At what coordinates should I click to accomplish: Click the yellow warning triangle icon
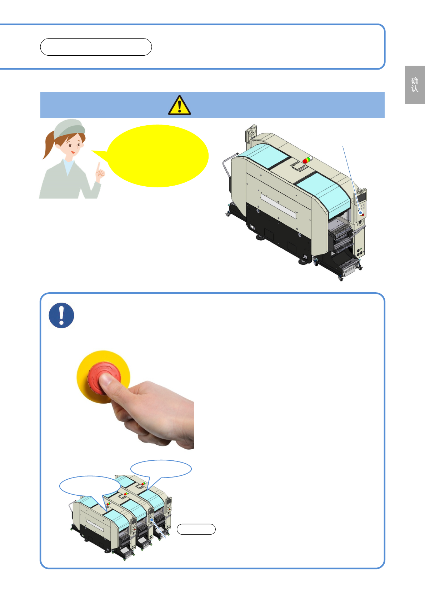click(x=180, y=105)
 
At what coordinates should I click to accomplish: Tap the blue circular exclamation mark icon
click(x=61, y=315)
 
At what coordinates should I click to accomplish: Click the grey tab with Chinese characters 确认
click(x=415, y=85)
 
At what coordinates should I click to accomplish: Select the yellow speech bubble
click(x=156, y=156)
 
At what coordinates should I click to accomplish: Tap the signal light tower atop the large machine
click(x=307, y=160)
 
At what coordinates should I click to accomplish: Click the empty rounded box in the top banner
click(x=96, y=47)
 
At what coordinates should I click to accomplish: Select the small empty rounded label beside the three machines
click(x=196, y=529)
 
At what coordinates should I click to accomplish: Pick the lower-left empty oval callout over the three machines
click(x=90, y=486)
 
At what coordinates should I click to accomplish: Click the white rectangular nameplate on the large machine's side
click(x=279, y=206)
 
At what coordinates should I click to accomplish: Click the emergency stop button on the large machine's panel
click(x=362, y=214)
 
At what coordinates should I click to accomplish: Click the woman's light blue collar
click(x=68, y=166)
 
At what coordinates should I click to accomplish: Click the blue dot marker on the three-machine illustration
click(x=152, y=520)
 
